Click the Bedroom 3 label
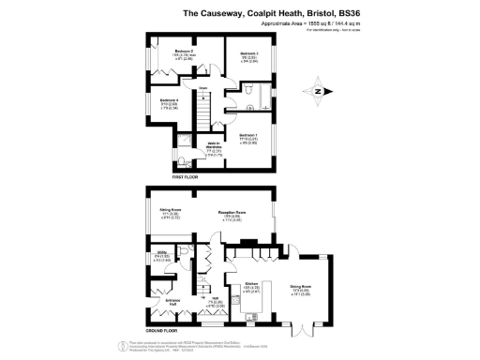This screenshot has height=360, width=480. tap(249, 53)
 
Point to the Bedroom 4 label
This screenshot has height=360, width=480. tap(169, 100)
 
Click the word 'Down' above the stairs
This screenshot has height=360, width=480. tap(202, 91)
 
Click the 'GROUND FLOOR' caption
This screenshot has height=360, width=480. tap(164, 329)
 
